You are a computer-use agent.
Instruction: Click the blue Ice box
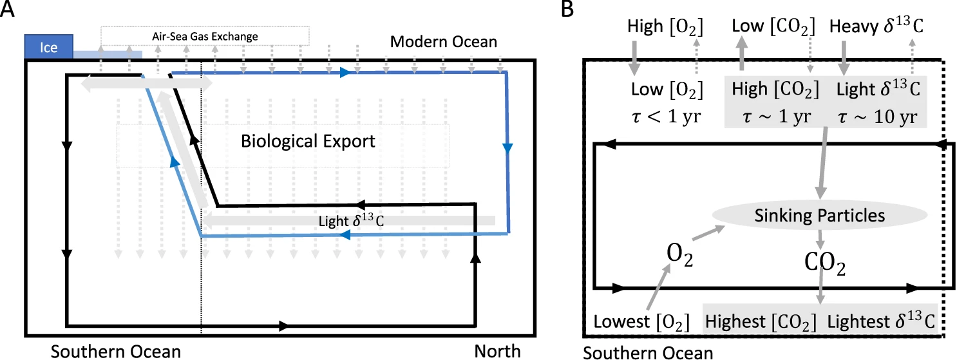tap(49, 47)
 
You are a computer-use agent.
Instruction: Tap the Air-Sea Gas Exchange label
tap(205, 36)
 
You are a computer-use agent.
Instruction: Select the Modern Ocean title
tap(444, 43)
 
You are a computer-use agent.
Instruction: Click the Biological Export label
tap(308, 141)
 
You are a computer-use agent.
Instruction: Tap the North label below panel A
tap(497, 351)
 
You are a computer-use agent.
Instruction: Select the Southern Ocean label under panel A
tap(116, 351)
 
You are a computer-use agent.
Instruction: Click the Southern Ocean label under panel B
tap(648, 352)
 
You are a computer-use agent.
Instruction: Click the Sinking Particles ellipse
tap(820, 215)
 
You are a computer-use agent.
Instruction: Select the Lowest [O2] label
tap(641, 320)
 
